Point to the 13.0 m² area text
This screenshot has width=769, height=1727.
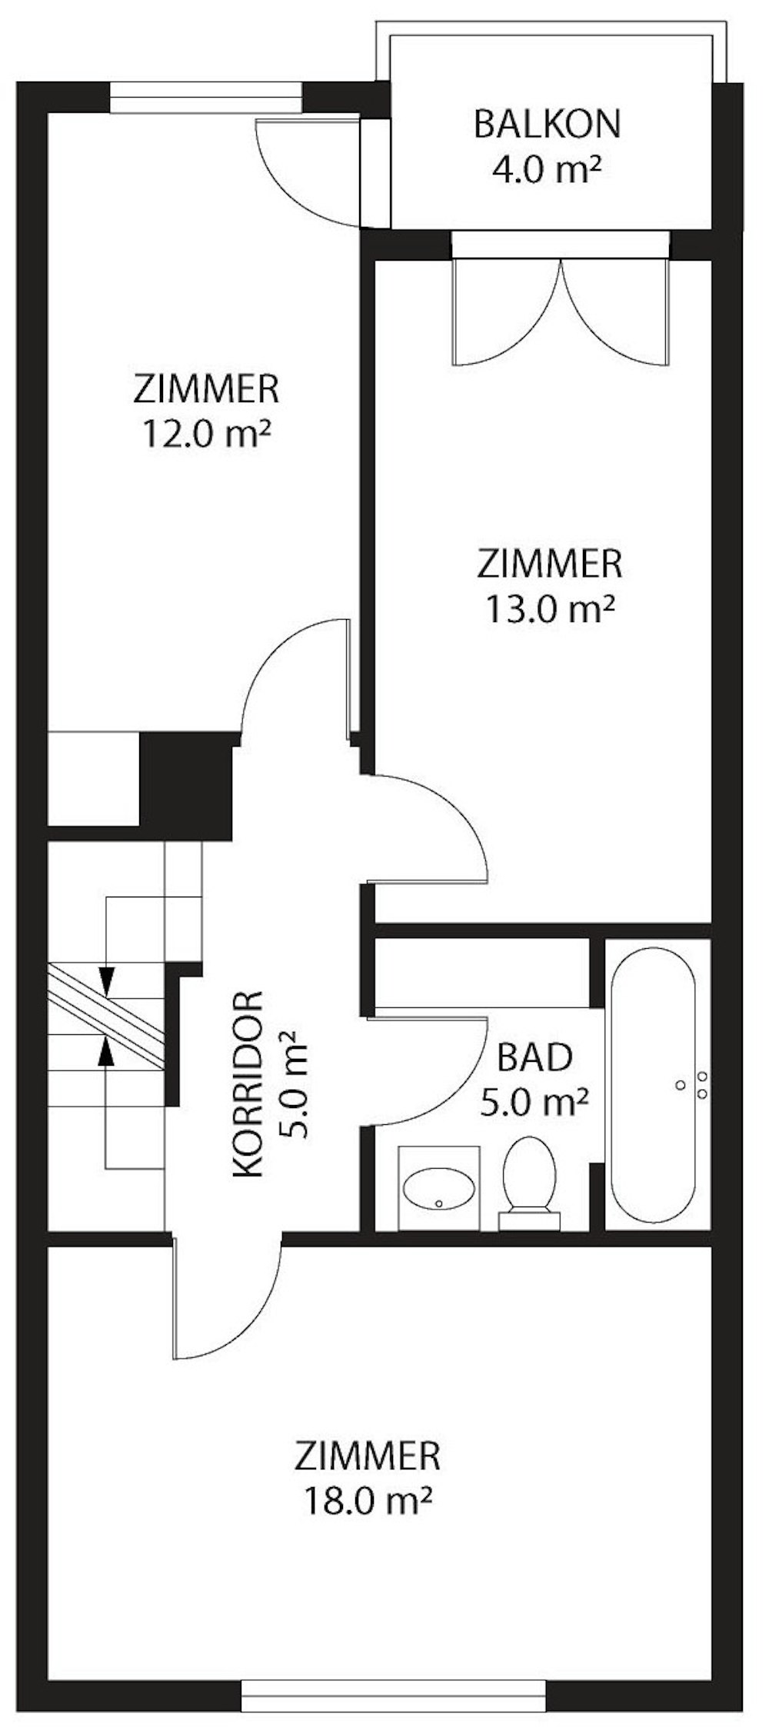[x=549, y=609]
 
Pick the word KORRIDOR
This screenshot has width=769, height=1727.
[x=248, y=1087]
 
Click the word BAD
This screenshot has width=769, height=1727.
[x=534, y=1059]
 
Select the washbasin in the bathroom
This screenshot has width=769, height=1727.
[x=439, y=1189]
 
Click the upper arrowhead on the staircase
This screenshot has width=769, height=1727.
[x=107, y=980]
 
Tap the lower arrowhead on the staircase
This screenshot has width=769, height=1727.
[x=107, y=1052]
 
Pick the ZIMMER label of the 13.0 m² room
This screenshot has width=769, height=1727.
[x=549, y=564]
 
